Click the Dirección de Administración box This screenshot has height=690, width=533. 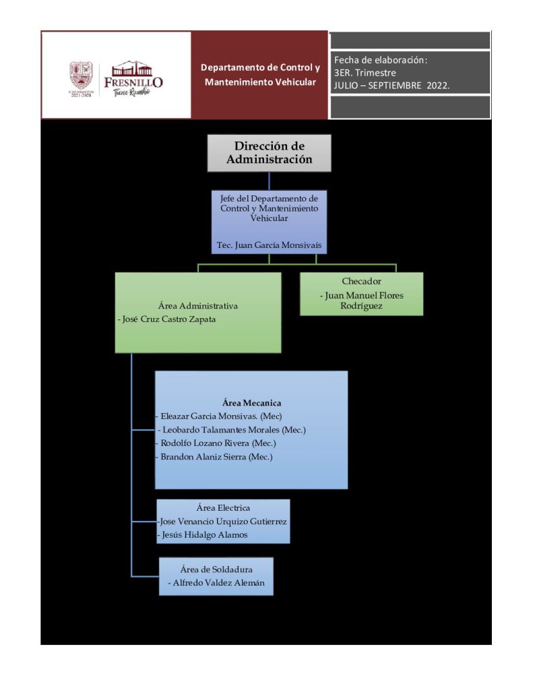(269, 153)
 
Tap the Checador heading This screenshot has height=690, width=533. (361, 281)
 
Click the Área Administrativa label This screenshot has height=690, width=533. (197, 306)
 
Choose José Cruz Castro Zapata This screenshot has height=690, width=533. (166, 319)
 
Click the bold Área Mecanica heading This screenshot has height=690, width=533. (251, 403)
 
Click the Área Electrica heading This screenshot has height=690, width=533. (223, 508)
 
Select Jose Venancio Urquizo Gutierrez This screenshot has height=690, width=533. (223, 522)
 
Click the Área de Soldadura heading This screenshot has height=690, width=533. (216, 569)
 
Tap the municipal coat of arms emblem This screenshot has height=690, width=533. (80, 75)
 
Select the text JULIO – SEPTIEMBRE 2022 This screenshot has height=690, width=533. (391, 86)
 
